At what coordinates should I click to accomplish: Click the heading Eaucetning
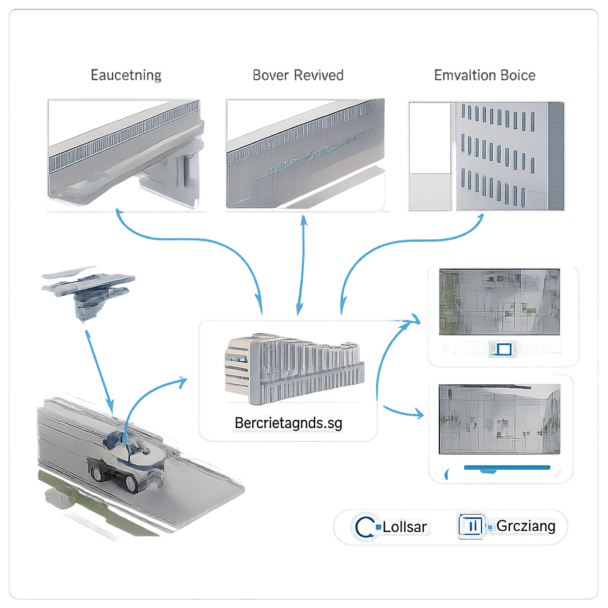pos(126,75)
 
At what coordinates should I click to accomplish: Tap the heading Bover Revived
pos(298,75)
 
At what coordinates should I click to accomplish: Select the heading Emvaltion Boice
pos(484,75)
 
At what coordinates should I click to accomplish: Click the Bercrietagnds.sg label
pos(289,423)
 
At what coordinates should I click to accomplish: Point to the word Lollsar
pos(406,527)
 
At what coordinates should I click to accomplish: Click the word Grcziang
pos(526,526)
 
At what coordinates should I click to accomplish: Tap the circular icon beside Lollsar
pos(363,527)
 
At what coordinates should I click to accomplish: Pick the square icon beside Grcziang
pos(471,526)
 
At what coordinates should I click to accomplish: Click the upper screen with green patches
pos(499,302)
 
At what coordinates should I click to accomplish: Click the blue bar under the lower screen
pos(506,468)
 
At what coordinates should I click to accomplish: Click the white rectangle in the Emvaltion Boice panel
pos(430,138)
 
